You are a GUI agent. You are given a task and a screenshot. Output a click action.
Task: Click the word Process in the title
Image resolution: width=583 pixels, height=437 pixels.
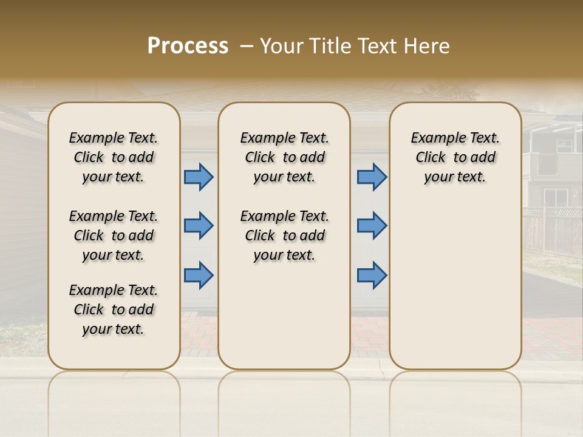coord(188,46)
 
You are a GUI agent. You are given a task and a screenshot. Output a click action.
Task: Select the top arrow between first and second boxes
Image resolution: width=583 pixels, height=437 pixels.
coord(199,177)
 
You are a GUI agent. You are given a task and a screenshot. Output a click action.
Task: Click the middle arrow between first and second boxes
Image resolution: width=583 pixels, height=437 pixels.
coord(199,226)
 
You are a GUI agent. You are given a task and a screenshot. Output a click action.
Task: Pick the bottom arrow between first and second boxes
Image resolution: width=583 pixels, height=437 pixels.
coord(199,275)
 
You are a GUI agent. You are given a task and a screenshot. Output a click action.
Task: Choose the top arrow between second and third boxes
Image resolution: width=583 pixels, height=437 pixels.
coord(372,177)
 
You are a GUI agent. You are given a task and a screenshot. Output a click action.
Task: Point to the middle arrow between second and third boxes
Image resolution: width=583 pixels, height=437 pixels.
coord(372,226)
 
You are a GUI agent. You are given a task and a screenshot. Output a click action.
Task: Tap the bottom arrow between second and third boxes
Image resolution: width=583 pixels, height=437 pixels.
coord(372,275)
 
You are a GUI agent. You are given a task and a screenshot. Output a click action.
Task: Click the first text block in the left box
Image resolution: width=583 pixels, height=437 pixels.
coord(114,157)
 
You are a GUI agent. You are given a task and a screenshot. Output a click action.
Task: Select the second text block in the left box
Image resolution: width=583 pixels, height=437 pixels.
coord(114,235)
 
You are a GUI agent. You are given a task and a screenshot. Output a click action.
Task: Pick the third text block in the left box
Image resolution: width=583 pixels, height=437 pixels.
coord(114,310)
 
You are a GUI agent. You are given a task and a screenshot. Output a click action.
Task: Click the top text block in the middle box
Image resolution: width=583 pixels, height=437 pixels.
coord(284,157)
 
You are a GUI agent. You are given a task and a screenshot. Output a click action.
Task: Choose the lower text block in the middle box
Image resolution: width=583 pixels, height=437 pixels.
coord(284,235)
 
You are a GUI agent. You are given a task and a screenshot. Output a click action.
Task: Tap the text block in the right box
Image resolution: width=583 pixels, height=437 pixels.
coord(455,157)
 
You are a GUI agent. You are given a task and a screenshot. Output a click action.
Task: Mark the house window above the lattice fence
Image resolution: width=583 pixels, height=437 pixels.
coord(555,197)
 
